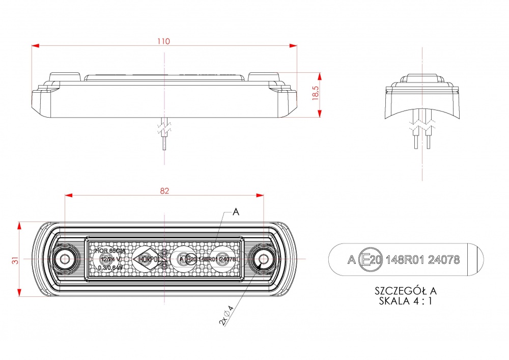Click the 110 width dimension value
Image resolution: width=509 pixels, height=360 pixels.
coord(164,41)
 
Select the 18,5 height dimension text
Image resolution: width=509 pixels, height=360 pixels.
coord(316,93)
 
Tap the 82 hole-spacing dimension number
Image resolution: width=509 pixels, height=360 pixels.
coord(164,191)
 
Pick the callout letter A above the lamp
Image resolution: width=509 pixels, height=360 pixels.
coord(235,212)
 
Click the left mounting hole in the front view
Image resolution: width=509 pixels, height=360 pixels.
coord(65,260)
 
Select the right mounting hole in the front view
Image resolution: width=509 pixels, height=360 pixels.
coord(263,260)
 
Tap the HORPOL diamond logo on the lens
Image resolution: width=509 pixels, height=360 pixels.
coord(147,259)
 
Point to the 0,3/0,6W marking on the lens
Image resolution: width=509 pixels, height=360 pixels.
coord(109,267)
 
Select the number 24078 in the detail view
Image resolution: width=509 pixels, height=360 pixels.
coord(444,260)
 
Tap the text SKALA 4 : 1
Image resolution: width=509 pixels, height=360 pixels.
coord(406,300)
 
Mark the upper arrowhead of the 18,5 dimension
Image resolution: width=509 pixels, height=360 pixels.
coord(320,76)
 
